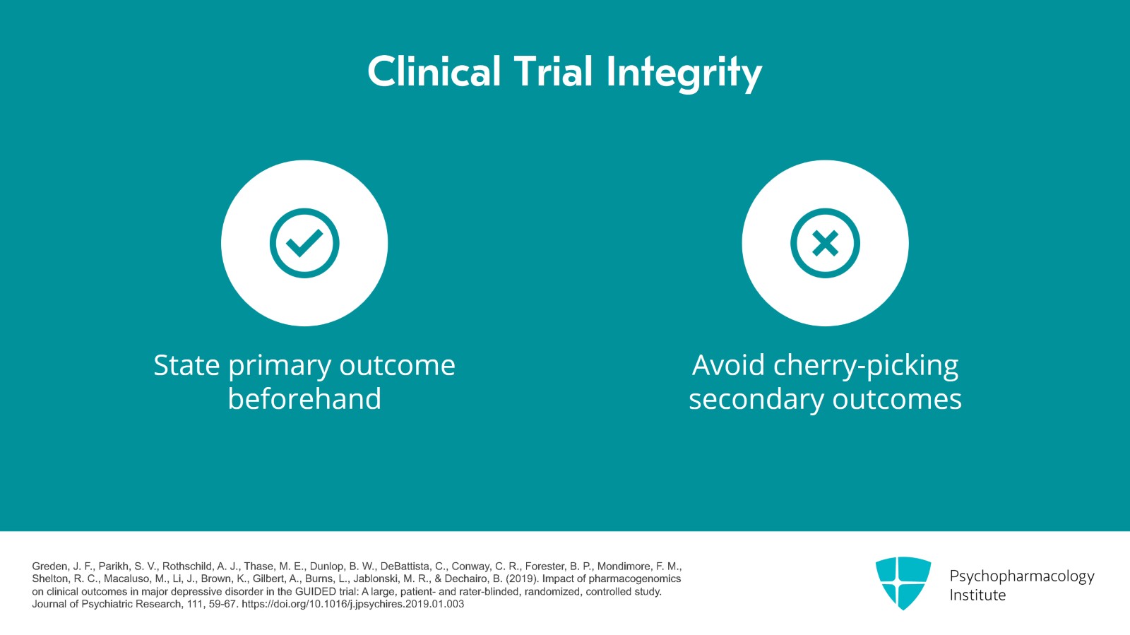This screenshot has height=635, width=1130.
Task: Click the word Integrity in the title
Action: tap(684, 73)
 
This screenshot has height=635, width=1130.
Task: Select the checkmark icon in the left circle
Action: tap(304, 243)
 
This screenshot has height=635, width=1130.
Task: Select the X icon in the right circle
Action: tap(825, 243)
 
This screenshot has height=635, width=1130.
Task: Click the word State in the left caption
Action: tap(186, 365)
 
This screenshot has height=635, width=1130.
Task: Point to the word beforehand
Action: tap(304, 399)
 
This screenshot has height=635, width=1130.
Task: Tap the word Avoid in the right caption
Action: tap(728, 365)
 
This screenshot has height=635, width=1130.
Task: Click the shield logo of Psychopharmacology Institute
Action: tap(903, 583)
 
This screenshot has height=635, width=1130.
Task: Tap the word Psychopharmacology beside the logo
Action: tap(1021, 576)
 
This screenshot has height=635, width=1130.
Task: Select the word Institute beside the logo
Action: tap(977, 595)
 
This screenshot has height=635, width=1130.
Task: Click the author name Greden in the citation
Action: tap(50, 566)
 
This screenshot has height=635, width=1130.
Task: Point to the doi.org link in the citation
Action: tap(352, 604)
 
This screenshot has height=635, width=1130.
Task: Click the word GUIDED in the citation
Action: tap(315, 591)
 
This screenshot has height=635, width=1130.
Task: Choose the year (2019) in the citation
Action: tap(522, 578)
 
